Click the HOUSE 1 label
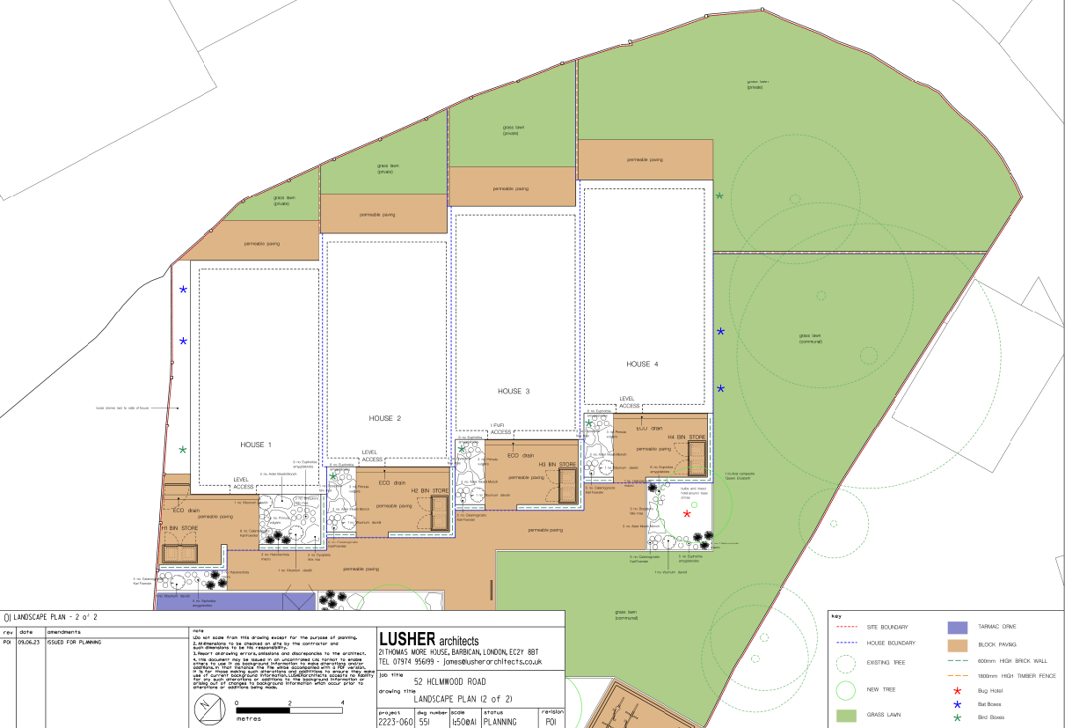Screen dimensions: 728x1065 tap(256, 445)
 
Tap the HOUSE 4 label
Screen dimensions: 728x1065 tap(642, 364)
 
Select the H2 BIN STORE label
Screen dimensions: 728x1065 tap(430, 490)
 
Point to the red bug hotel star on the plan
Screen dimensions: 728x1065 tap(687, 513)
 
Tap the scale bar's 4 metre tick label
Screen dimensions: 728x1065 tap(341, 702)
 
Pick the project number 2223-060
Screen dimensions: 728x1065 tap(395, 721)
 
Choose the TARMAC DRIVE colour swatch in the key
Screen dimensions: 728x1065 tap(957, 628)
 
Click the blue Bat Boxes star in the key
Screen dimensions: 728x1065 tap(957, 705)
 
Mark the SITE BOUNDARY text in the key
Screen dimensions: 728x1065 tap(887, 627)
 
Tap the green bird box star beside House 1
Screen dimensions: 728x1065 tap(183, 450)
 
